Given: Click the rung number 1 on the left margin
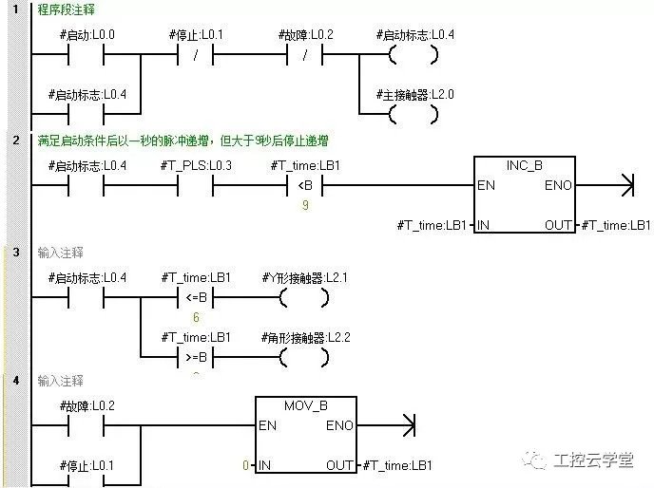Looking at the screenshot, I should [x=15, y=9].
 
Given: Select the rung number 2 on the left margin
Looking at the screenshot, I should [x=15, y=140].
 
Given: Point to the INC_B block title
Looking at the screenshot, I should [x=524, y=165].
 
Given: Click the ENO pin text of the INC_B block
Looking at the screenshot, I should [x=558, y=185].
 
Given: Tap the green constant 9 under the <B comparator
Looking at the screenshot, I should [x=305, y=204].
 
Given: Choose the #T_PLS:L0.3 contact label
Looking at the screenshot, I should [x=195, y=165].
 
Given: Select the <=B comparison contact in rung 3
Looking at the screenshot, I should [x=195, y=298].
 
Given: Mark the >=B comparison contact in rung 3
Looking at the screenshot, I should [x=195, y=357].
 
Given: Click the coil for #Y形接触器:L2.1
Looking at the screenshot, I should [x=305, y=298].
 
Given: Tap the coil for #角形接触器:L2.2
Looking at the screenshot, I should [x=305, y=357].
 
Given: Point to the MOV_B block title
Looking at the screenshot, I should [x=305, y=405].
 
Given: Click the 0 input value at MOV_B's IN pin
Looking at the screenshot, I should [x=245, y=465].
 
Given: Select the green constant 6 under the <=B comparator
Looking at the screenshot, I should [x=195, y=318].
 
